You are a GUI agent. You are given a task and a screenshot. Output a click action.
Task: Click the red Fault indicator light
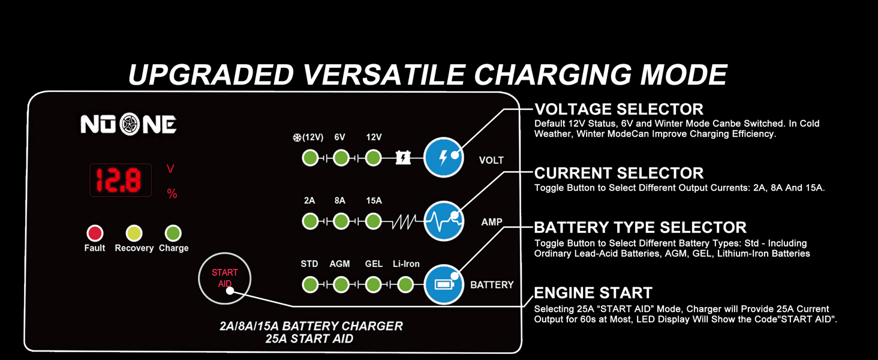tap(95, 233)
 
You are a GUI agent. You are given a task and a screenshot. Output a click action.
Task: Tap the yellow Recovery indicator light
tap(134, 233)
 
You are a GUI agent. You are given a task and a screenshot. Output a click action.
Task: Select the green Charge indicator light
tap(173, 233)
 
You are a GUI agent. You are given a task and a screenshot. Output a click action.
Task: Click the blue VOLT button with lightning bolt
tap(444, 158)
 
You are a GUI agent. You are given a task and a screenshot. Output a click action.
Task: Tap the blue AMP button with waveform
tap(444, 221)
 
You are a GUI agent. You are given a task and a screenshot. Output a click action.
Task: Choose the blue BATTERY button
tap(444, 284)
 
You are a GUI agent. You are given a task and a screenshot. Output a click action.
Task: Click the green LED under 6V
tap(341, 158)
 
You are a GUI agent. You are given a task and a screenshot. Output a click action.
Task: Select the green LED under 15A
tap(373, 221)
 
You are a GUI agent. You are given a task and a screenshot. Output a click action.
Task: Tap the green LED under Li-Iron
tap(405, 284)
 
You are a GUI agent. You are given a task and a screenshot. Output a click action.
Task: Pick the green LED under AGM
tap(341, 284)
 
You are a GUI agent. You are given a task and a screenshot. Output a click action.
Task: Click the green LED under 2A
tap(309, 221)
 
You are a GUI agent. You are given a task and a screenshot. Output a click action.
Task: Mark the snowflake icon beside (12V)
tap(296, 137)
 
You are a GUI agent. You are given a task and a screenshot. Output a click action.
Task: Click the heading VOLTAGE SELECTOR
tap(618, 109)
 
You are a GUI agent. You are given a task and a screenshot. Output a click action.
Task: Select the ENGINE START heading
tap(593, 293)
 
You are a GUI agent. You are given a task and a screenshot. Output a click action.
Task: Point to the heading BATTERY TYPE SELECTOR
tap(640, 227)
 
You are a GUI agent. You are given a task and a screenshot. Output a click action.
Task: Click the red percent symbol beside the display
tap(172, 194)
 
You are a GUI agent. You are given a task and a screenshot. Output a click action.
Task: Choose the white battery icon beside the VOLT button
tap(403, 158)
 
